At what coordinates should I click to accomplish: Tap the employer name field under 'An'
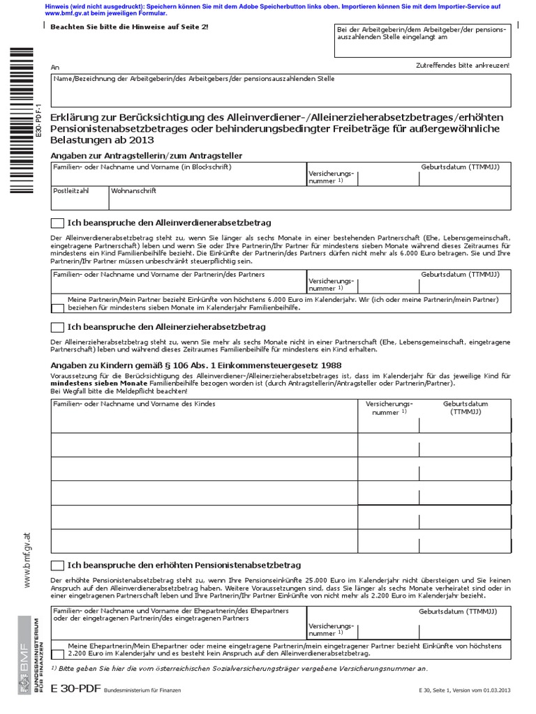click(281, 91)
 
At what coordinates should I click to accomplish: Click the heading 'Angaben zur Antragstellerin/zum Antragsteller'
click(147, 155)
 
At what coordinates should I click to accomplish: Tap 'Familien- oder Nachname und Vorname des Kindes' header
click(135, 404)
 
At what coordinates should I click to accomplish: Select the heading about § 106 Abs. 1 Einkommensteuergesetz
click(195, 365)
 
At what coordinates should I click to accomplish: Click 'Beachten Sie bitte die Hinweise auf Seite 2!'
click(129, 26)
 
